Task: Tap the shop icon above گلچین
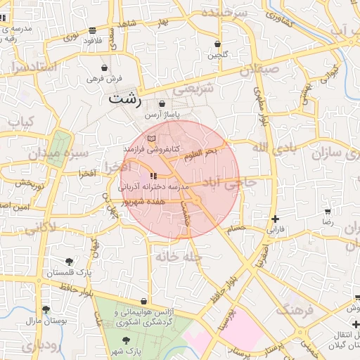click(x=217, y=43)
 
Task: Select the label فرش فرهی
click(x=104, y=79)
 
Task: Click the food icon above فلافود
click(x=93, y=30)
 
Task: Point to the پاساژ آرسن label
click(x=162, y=114)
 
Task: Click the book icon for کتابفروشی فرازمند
click(x=153, y=138)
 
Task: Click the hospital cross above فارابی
click(x=275, y=219)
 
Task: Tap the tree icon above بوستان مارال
click(x=46, y=309)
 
